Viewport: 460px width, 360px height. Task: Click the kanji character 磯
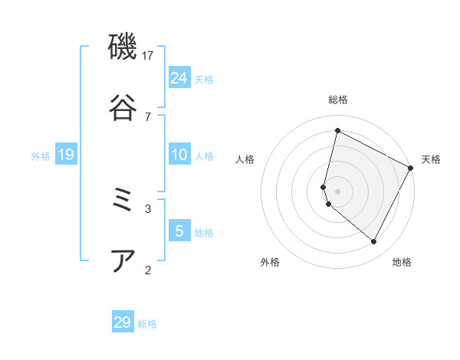[x=123, y=48]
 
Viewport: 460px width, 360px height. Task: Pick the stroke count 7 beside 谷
[x=148, y=116]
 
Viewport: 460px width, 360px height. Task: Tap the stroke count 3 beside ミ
[x=148, y=208]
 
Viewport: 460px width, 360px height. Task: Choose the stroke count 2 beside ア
[x=148, y=269]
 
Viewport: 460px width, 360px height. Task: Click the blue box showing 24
[x=179, y=78]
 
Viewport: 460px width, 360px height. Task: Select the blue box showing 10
[x=179, y=155]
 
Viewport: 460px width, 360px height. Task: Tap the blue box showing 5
[x=179, y=231]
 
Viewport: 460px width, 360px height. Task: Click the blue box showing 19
[x=66, y=155]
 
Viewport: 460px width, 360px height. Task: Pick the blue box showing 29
[x=123, y=322]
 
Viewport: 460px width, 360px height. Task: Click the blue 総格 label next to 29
[x=147, y=324]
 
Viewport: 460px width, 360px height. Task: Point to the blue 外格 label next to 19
[x=41, y=156]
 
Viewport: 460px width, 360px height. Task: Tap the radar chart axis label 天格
[x=431, y=159]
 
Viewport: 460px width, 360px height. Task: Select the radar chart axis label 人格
[x=245, y=159]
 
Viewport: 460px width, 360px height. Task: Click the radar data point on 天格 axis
[x=411, y=169]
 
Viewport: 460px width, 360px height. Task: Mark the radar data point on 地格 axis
[x=374, y=242]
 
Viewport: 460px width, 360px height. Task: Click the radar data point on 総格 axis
[x=337, y=130]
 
